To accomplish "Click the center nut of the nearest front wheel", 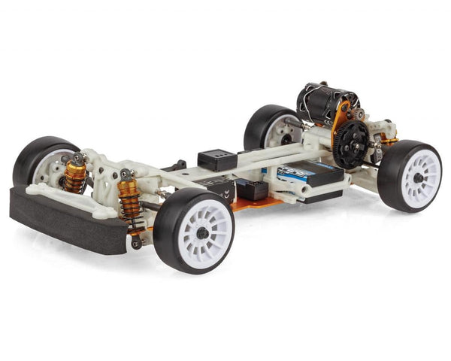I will [204, 233].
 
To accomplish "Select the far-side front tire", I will [38, 158].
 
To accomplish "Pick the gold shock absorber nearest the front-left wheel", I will [74, 176].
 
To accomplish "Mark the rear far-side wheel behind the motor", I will [267, 128].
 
